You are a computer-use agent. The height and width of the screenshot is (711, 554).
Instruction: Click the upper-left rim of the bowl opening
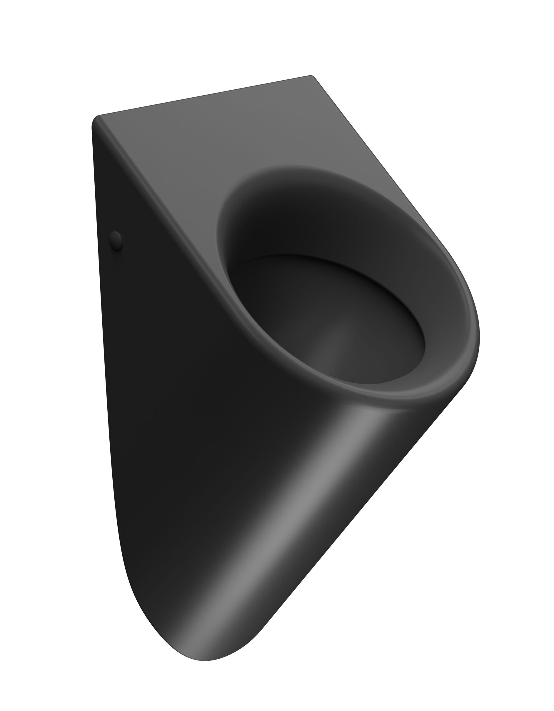[228, 202]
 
